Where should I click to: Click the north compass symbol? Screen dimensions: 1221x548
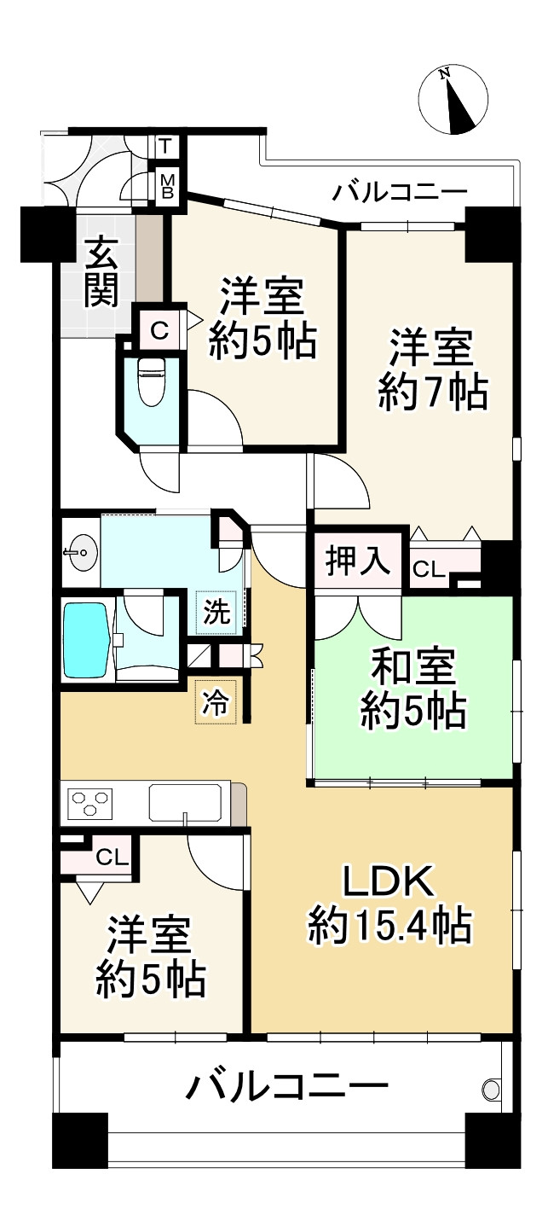click(x=454, y=99)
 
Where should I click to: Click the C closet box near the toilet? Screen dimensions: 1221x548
click(x=159, y=330)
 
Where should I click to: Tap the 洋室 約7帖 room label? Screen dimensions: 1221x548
click(x=432, y=371)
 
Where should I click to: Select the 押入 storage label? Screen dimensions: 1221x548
click(x=358, y=563)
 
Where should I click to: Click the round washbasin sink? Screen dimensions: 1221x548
click(x=82, y=555)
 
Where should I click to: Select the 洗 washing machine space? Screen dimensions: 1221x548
click(x=216, y=613)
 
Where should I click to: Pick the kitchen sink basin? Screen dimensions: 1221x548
click(x=186, y=803)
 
